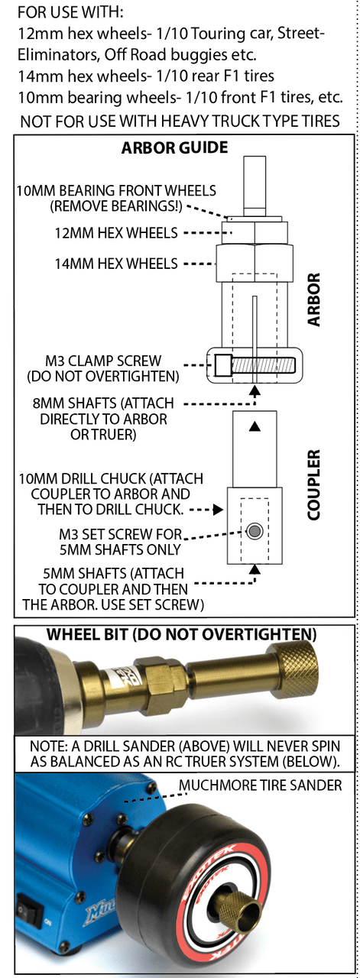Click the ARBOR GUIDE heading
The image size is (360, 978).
[x=174, y=147]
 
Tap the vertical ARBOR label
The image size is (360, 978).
[x=313, y=300]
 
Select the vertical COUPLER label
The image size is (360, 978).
[x=313, y=484]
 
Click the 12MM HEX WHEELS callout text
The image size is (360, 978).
[x=116, y=233]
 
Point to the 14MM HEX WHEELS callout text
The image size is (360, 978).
[x=116, y=264]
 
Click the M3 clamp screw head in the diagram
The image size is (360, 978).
[x=222, y=365]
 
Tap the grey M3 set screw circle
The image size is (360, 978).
[x=255, y=531]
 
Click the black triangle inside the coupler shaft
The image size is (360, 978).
[x=255, y=426]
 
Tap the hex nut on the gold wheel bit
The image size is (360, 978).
[x=161, y=684]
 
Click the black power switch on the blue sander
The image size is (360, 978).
[x=30, y=909]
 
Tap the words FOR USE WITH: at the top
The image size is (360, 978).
[x=71, y=12]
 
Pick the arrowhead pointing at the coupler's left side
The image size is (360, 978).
[x=218, y=509]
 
